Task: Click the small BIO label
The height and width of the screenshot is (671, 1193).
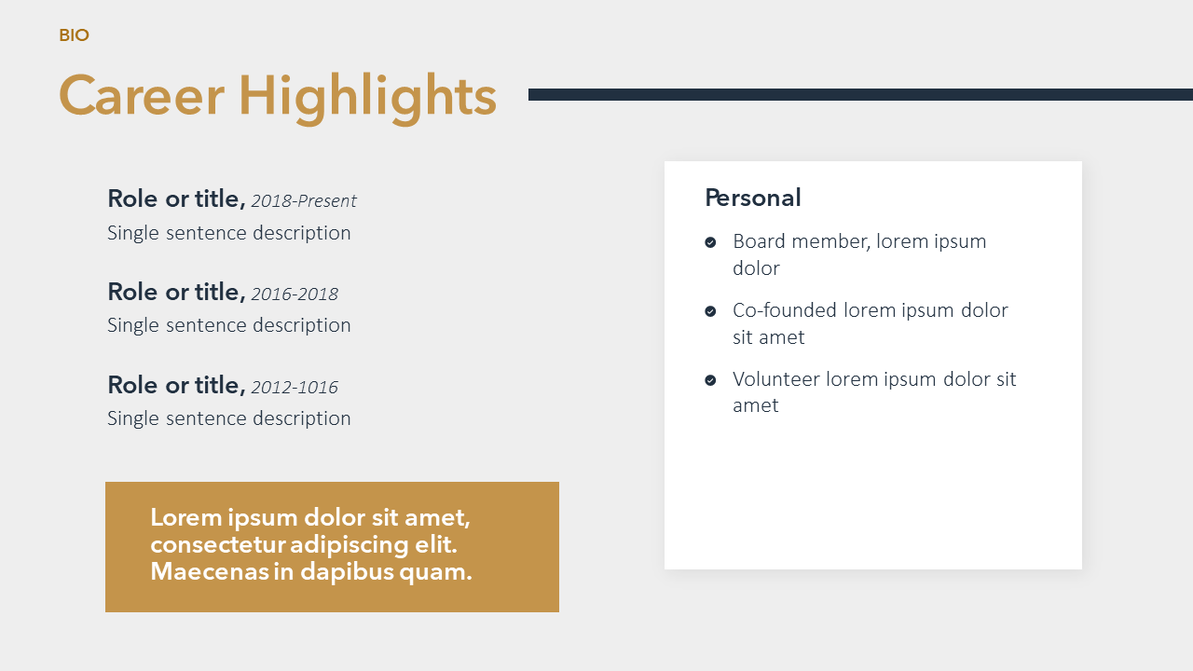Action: point(74,35)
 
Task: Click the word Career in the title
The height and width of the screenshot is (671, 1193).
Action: point(141,96)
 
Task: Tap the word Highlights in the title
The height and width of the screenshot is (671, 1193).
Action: point(367,99)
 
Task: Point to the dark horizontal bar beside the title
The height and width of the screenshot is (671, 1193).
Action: point(860,95)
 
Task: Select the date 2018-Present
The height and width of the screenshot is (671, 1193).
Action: point(304,201)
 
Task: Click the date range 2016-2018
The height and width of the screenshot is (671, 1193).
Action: point(295,294)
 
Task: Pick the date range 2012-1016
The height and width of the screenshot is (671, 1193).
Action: point(295,388)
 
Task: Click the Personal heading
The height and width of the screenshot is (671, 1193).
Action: point(752,198)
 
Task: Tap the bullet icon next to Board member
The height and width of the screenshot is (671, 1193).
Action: point(710,242)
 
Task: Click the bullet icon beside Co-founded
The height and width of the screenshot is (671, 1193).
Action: point(710,311)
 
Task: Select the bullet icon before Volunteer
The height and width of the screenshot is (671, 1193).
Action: point(710,379)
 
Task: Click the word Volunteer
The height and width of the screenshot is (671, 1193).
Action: point(776,379)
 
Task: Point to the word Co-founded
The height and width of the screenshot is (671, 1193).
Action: point(785,310)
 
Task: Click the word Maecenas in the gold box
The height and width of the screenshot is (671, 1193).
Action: point(210,572)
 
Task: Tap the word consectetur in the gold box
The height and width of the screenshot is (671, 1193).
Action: point(218,545)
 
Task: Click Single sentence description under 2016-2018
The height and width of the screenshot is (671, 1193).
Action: point(229,325)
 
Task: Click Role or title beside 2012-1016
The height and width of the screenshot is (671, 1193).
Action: point(177,386)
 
